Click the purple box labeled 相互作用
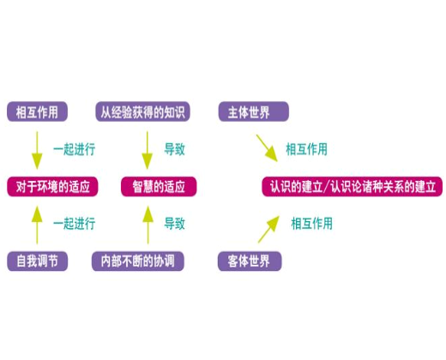point(36,112)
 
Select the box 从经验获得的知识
point(142,112)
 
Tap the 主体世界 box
point(252,112)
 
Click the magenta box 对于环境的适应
point(51,186)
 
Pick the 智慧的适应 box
point(158,186)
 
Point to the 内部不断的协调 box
point(138,261)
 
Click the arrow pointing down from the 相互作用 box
point(36,149)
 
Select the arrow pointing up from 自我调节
point(36,224)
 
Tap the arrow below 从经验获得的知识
point(147,149)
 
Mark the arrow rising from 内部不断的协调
point(147,224)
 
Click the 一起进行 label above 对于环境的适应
point(74,149)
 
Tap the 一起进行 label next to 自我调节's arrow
point(74,224)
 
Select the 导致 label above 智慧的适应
point(174,149)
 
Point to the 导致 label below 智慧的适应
point(174,224)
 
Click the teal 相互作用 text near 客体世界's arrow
point(311,224)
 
